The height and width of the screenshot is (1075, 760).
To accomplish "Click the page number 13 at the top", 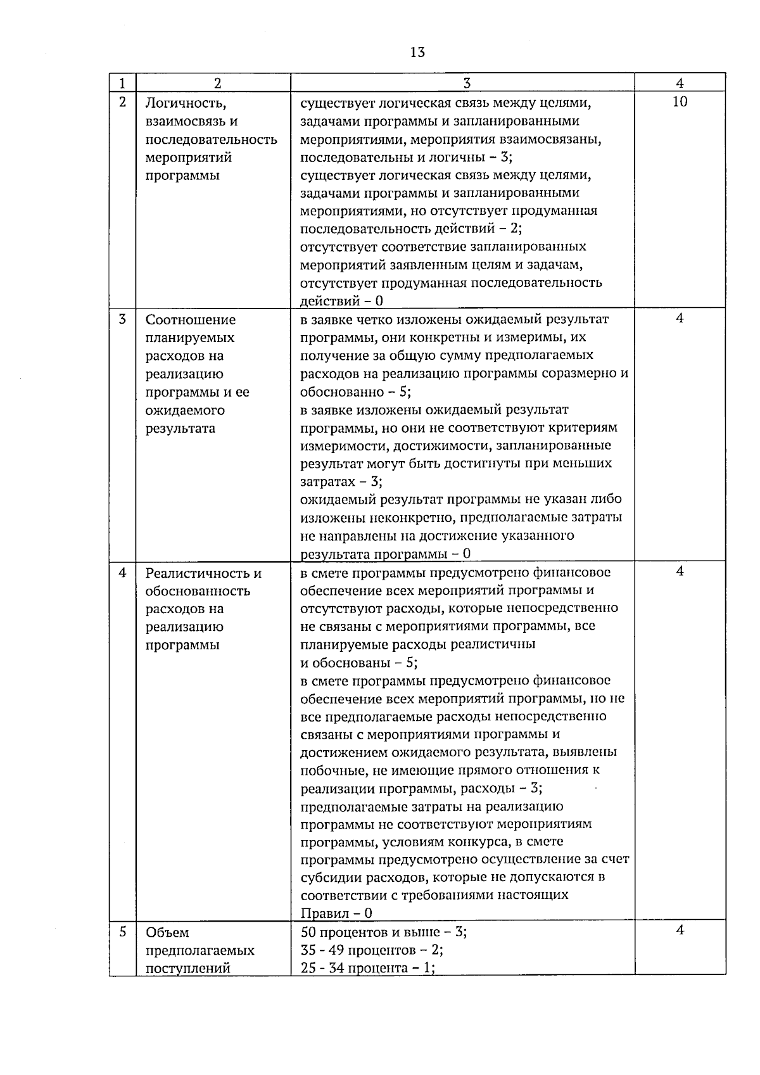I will [x=417, y=53].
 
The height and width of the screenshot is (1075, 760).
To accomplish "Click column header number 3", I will [x=466, y=83].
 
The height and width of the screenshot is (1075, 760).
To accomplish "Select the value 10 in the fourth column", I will [x=680, y=102].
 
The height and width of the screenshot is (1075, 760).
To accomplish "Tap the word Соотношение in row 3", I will [x=191, y=320].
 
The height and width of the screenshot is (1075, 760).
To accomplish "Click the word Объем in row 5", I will [x=167, y=932].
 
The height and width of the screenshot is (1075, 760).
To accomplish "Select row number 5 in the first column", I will [x=123, y=932].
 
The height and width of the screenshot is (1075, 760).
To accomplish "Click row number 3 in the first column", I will [x=123, y=319].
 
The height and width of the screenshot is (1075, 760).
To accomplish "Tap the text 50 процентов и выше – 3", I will [x=384, y=932].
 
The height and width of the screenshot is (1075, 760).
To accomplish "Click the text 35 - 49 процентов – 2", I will [x=372, y=950].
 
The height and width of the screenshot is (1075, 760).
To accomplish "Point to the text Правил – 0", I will [x=336, y=913].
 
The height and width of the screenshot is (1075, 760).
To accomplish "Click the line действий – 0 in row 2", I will [x=341, y=302].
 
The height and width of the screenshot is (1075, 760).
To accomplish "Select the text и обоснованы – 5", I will [x=358, y=663].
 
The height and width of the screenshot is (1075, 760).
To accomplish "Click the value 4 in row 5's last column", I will [x=680, y=931].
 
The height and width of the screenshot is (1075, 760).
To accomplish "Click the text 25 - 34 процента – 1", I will [x=367, y=968].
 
